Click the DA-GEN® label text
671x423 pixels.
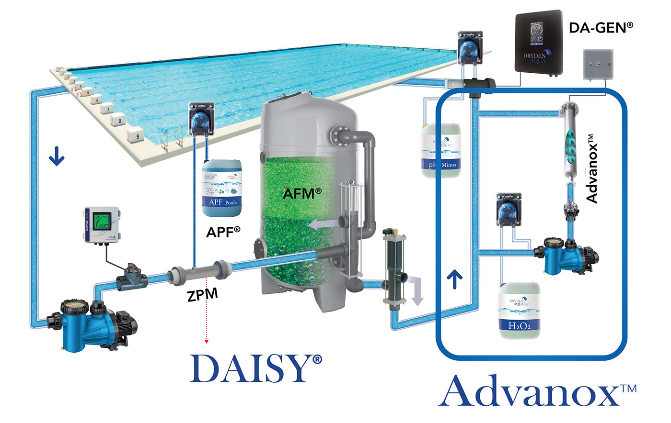[601, 28]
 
